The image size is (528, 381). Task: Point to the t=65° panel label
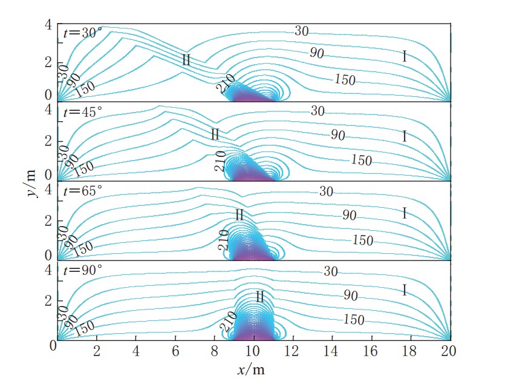pos(83,191)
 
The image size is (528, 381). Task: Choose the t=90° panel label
pos(83,270)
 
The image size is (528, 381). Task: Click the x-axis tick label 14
pos(332,351)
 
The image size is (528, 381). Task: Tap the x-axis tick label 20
pos(448,351)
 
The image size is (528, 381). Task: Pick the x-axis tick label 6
pos(175,351)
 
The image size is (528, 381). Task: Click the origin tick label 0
pos(53,346)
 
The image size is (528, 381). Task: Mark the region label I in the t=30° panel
pos(404,57)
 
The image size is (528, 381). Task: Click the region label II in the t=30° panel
pos(186,59)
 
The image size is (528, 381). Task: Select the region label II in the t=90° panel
pos(259,297)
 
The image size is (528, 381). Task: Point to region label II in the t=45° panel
pos(215,134)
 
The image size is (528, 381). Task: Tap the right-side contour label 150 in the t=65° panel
pos(362,240)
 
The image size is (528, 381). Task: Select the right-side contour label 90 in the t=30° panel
pos(316,53)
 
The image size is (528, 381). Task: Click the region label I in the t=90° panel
pos(404,291)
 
